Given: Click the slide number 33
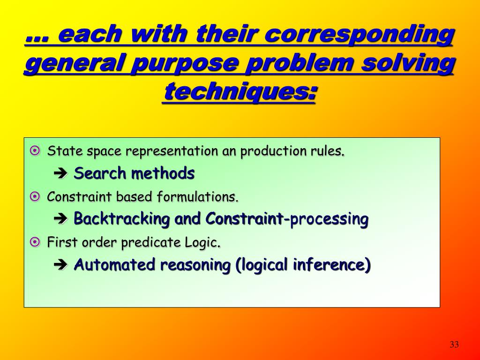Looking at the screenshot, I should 453,345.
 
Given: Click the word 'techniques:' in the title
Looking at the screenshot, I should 240,91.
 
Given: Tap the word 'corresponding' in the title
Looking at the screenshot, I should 360,36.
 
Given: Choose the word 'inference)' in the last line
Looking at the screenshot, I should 331,265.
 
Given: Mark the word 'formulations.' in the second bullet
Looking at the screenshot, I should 197,197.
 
